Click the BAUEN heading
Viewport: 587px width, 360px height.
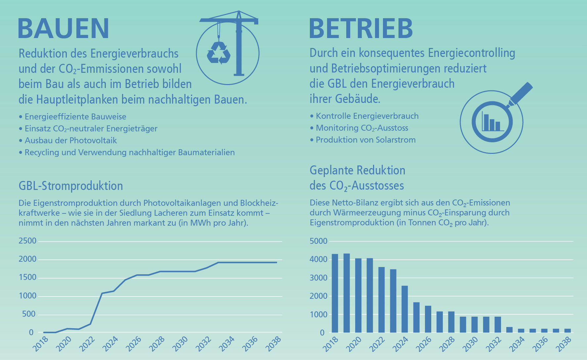[x=63, y=28]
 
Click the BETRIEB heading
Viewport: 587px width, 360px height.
[x=361, y=28]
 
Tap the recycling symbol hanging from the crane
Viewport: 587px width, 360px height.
[x=218, y=53]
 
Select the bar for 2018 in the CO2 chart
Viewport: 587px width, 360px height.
[x=335, y=293]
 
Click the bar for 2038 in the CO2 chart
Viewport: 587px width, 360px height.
[x=567, y=330]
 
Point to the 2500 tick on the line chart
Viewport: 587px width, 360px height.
[x=27, y=241]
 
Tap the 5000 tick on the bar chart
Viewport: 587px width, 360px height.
[x=318, y=241]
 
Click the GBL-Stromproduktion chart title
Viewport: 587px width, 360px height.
[x=71, y=186]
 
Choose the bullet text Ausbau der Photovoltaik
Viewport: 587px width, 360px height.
[x=71, y=140]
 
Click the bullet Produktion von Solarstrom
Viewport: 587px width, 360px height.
[x=365, y=140]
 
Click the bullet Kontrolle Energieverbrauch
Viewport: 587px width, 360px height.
[x=367, y=116]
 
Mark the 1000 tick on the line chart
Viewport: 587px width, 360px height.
[x=27, y=296]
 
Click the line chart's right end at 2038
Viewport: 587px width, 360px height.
[x=276, y=262]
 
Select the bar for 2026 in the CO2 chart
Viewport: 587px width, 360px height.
[x=428, y=319]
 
